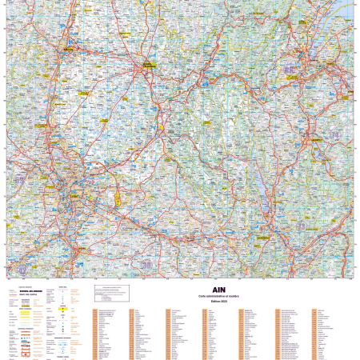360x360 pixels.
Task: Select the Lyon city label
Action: (74, 190)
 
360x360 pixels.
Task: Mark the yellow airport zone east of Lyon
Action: (118, 196)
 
